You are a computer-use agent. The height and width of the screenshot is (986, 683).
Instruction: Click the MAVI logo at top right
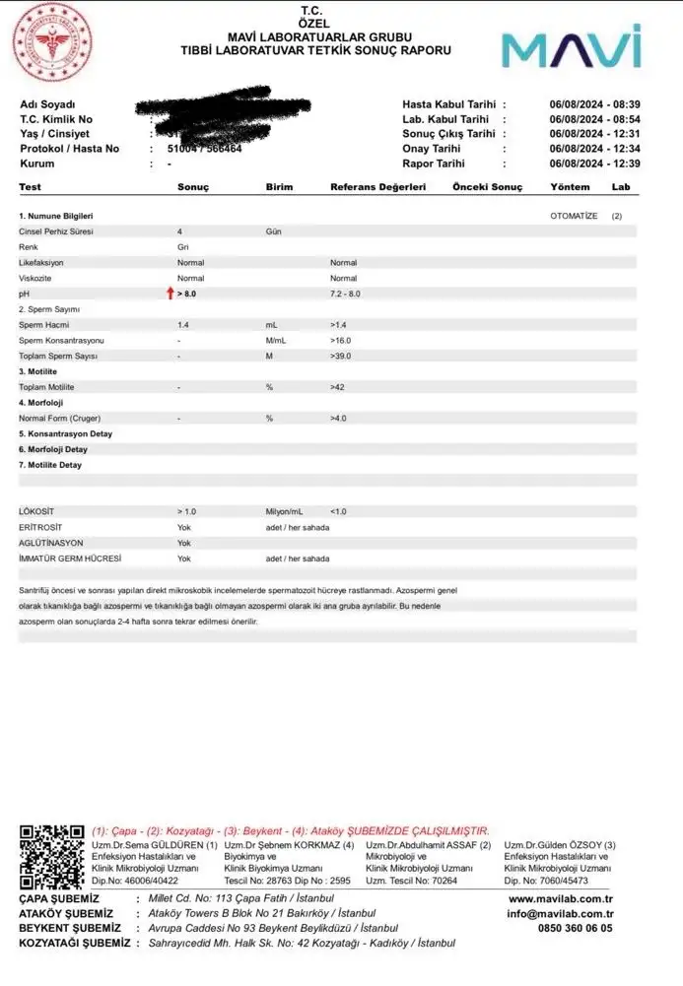571,48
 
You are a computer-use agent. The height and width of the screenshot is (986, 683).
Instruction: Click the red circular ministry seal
49,42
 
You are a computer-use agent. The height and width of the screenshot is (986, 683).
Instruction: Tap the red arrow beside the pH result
171,294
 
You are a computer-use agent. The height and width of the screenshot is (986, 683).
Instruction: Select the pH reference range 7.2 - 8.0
345,295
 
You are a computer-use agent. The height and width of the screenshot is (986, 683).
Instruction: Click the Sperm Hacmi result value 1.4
183,324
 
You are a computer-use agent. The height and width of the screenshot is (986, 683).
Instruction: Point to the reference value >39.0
341,356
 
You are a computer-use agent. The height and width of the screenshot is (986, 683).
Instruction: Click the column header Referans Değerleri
377,186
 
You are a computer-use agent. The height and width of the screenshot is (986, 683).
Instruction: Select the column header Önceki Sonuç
487,186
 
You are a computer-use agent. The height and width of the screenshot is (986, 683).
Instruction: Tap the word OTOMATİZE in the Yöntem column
574,216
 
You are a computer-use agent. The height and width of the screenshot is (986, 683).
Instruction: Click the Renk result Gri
183,247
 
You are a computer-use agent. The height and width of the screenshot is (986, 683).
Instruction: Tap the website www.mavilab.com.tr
561,898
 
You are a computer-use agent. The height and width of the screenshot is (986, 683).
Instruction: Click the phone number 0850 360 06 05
576,928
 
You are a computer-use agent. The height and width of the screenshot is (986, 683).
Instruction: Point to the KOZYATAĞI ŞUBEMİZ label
75,943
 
